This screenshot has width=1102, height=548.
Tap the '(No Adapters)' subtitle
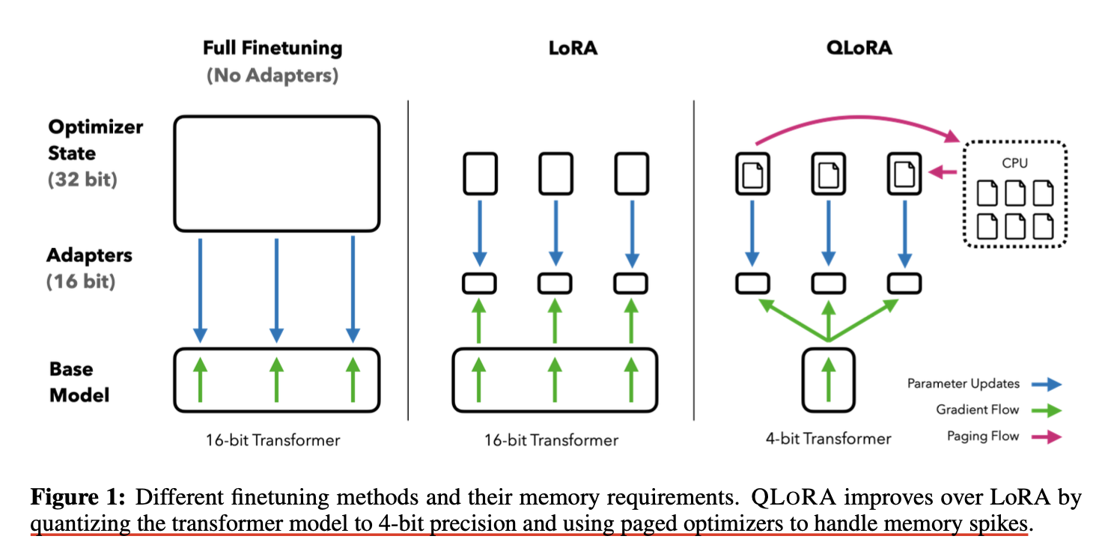[273, 76]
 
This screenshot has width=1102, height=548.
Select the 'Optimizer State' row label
[95, 140]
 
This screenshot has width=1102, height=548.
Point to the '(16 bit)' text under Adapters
[81, 283]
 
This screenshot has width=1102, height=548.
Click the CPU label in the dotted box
[1016, 162]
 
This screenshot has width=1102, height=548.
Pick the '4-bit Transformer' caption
[829, 439]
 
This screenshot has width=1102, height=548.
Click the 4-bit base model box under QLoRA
[828, 380]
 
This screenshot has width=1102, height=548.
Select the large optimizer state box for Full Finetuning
[276, 173]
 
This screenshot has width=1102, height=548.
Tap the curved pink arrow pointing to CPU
[853, 120]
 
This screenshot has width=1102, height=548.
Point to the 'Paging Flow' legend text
[982, 436]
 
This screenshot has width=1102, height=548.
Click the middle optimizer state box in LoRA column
[555, 174]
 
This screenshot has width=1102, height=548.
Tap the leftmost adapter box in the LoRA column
[479, 283]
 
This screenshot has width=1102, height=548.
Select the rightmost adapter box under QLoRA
[903, 283]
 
